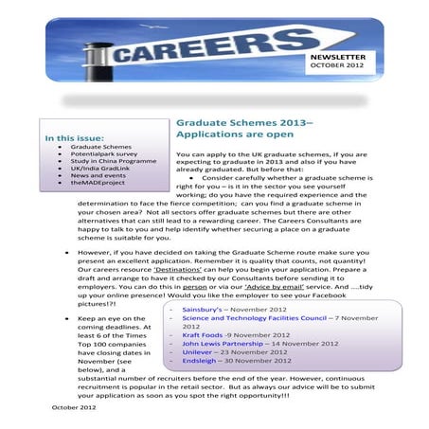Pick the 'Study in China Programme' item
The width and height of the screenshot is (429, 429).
109,165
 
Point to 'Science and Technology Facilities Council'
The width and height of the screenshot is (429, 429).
256,344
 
